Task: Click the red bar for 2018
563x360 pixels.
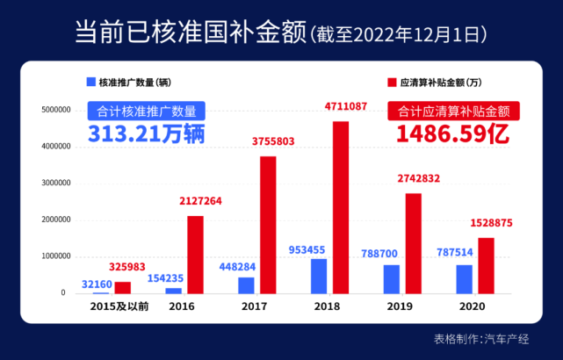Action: [341, 207]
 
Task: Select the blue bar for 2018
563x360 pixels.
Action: [319, 276]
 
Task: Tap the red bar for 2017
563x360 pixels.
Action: [268, 225]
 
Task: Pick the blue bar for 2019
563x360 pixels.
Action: [391, 278]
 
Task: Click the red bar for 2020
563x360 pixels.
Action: [486, 265]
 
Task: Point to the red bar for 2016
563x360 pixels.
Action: [195, 255]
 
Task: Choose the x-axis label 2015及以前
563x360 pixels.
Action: [114, 307]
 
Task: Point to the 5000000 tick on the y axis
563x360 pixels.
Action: [48, 111]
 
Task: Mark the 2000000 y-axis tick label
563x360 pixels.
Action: [48, 220]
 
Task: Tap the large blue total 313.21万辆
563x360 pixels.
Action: [147, 133]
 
